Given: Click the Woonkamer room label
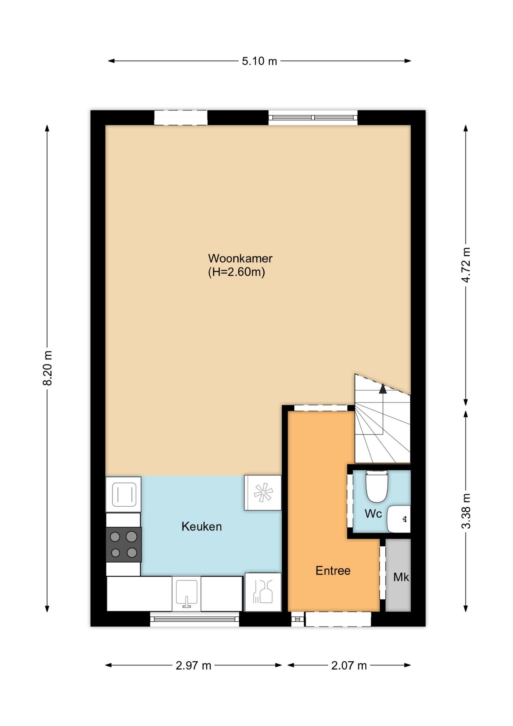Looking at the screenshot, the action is [240, 259].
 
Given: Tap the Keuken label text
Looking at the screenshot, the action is [201, 526].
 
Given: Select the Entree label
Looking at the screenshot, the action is [333, 571].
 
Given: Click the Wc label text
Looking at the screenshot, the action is [373, 513].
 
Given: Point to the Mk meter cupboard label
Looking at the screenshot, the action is [401, 577].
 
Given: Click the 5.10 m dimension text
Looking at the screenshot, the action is [260, 61].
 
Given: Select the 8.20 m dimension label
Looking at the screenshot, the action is [47, 368].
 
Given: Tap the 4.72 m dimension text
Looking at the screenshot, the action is [466, 265].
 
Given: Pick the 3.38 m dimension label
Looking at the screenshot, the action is [466, 511].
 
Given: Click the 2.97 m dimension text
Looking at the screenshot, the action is [193, 665].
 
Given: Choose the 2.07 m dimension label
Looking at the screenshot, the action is [349, 665].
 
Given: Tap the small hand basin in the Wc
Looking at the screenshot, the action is [399, 519].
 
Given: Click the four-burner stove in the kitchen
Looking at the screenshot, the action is [124, 544].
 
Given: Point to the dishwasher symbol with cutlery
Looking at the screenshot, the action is [263, 592].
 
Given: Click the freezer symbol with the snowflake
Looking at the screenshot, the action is [263, 493].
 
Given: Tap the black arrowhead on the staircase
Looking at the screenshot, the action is [383, 389].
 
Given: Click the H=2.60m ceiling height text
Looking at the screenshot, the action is [236, 272].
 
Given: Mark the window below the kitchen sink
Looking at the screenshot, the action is [195, 619].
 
